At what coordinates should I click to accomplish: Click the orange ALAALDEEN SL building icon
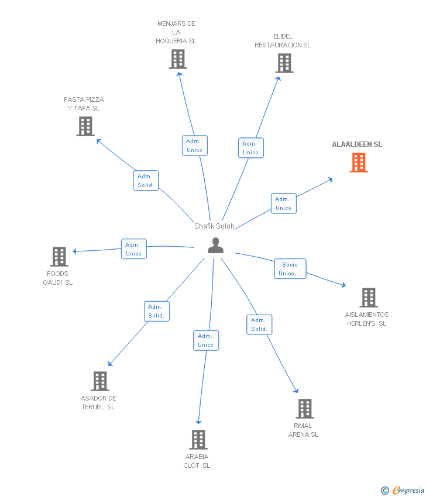(359, 163)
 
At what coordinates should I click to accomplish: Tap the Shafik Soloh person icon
(215, 246)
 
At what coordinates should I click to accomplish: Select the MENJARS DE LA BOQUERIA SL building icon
(178, 59)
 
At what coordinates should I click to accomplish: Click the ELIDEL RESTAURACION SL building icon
(284, 63)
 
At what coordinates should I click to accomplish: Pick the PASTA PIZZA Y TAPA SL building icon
(85, 126)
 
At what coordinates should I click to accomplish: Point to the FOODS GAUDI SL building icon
(59, 256)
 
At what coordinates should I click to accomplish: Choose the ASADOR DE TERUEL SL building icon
(100, 381)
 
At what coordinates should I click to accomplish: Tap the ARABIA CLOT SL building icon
(198, 440)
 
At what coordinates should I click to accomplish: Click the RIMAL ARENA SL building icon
(305, 409)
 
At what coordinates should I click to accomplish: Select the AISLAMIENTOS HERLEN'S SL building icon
(368, 298)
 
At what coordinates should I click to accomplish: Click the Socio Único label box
(290, 269)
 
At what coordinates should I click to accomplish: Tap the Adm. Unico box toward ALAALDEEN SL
(283, 203)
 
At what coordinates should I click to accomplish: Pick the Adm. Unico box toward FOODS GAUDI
(133, 249)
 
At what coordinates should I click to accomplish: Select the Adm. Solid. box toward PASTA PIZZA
(146, 181)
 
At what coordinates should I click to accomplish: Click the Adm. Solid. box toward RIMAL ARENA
(259, 325)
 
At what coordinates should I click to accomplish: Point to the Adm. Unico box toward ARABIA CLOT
(206, 340)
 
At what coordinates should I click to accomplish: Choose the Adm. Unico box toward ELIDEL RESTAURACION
(250, 148)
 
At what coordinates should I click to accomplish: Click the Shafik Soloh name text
(214, 226)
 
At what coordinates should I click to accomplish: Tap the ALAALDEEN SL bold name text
(357, 144)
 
